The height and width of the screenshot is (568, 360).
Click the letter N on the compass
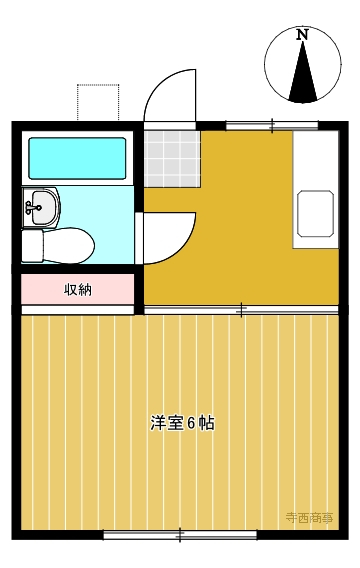302,35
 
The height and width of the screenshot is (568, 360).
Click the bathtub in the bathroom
77,158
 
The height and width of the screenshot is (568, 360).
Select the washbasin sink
41,208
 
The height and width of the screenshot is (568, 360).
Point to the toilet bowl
68,245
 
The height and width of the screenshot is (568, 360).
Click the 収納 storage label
78,289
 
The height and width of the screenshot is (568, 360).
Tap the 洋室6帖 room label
182,423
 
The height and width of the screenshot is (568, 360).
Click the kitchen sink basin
315,214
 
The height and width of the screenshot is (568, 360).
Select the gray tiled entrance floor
172,159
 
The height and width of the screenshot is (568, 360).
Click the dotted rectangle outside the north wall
98,102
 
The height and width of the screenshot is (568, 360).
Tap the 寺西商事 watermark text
309,518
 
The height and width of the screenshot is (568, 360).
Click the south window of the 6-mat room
180,534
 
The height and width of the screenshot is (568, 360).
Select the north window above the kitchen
272,126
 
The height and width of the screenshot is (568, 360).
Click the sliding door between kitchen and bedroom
241,310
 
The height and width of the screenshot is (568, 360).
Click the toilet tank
33,246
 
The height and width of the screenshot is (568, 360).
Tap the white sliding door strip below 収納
78,310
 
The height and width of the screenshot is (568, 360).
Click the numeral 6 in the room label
191,423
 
